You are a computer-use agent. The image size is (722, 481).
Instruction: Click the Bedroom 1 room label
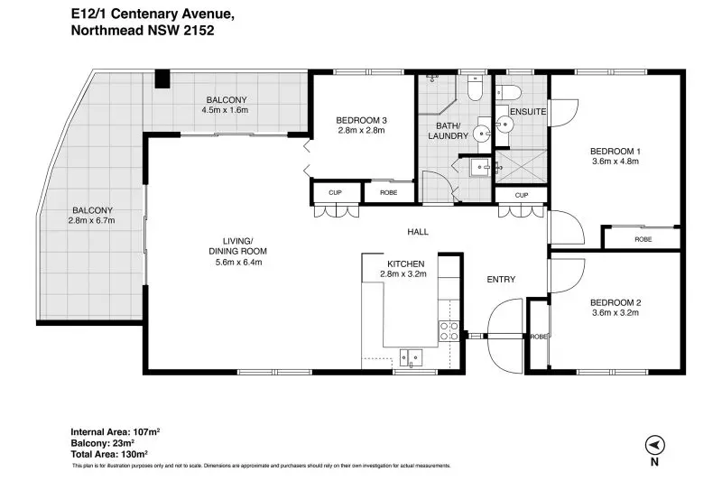616,151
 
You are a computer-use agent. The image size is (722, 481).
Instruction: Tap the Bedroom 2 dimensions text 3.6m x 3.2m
616,312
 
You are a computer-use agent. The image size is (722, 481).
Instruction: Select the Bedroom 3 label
361,120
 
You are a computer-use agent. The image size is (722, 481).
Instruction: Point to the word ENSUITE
528,111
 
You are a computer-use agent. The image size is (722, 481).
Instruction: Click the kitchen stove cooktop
449,331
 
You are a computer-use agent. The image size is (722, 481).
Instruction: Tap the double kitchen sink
411,357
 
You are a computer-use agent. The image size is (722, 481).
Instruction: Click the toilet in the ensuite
508,93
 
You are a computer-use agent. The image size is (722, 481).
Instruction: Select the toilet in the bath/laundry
475,88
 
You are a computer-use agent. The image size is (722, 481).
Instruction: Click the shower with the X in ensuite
522,166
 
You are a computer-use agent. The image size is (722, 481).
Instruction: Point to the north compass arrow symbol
654,445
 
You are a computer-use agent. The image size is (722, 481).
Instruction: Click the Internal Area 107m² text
116,431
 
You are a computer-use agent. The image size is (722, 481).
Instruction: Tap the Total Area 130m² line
109,454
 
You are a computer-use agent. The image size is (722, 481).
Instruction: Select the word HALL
418,232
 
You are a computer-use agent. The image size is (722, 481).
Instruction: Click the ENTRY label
501,280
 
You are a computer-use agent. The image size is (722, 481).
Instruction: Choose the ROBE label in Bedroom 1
643,239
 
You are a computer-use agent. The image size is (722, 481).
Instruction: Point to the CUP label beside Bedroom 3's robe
335,192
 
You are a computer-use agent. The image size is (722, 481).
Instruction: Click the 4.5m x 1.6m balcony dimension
225,110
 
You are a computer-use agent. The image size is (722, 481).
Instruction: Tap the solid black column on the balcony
162,79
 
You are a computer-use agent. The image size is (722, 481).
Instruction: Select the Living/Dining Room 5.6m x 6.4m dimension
238,263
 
